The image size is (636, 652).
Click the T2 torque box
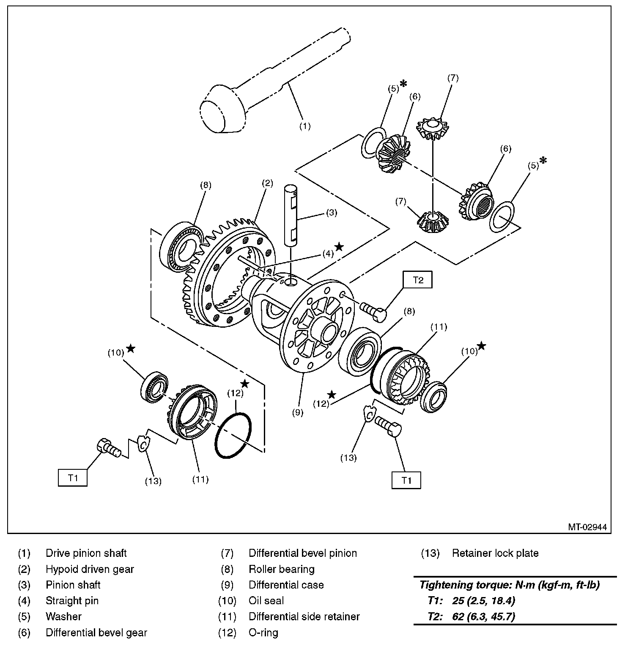417,280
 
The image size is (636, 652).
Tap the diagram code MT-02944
587,527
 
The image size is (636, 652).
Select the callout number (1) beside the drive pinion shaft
304,126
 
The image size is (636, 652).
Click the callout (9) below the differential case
298,413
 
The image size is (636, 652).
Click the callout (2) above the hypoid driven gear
267,184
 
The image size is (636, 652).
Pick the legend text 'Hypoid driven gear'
90,569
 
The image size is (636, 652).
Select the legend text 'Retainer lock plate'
495,553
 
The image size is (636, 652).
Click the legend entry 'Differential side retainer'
304,616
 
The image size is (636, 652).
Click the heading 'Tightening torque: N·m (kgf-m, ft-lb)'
509,585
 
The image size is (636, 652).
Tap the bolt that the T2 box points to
373,311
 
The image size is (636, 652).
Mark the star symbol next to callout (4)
339,247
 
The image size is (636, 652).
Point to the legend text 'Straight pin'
72,601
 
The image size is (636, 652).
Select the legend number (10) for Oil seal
227,601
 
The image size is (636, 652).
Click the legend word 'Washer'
63,616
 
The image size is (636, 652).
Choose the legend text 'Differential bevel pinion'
303,553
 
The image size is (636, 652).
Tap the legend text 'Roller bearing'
282,569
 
